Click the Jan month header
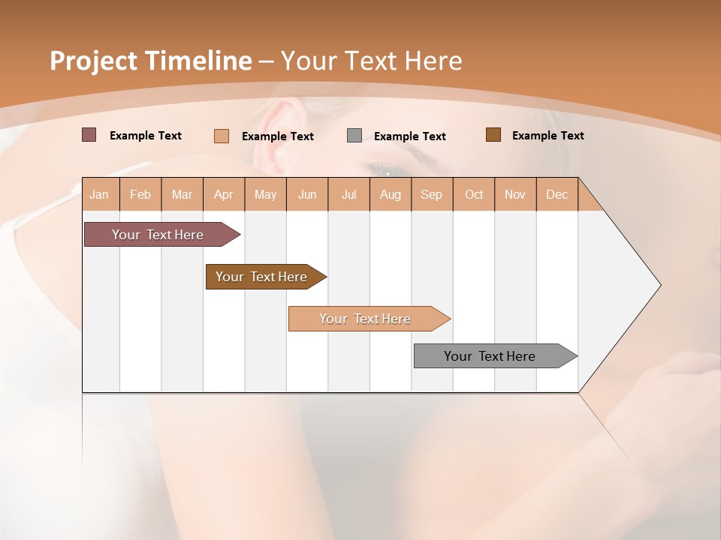tap(99, 194)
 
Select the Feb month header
tap(140, 194)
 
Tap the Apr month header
tap(223, 194)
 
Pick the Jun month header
tap(307, 194)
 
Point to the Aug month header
tap(390, 194)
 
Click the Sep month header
tap(431, 194)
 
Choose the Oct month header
tap(474, 194)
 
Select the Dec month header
tap(557, 194)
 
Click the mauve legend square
tap(89, 135)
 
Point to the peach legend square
tap(222, 136)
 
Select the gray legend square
tap(354, 136)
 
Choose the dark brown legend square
tap(493, 135)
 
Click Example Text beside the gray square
tap(409, 136)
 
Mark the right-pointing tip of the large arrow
tap(659, 285)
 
